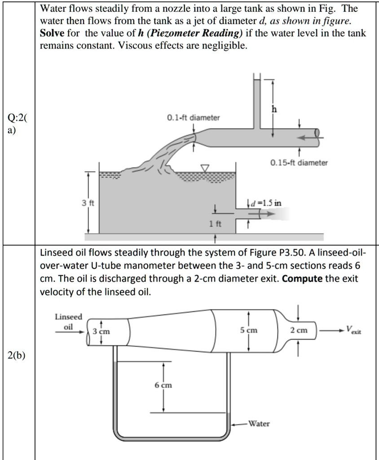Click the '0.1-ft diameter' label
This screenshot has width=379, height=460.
(193, 118)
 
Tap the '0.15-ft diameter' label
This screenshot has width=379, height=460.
(299, 163)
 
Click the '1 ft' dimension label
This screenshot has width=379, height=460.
(216, 223)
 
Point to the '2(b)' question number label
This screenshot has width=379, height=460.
(17, 356)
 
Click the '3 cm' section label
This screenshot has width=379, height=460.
(101, 332)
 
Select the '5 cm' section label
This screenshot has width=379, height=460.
(248, 330)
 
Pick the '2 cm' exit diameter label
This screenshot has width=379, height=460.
(299, 330)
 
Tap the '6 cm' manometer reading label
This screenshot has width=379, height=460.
(163, 385)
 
